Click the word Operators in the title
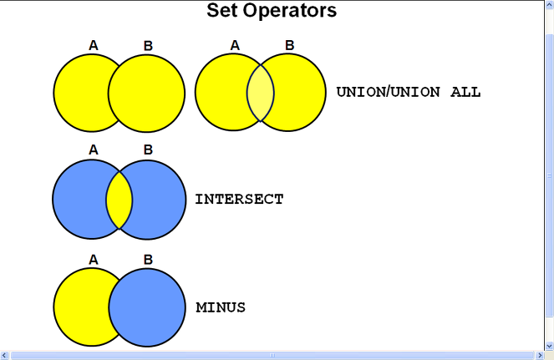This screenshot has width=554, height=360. tap(290, 11)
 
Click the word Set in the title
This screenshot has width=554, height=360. tap(222, 10)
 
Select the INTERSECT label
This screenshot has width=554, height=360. tap(239, 200)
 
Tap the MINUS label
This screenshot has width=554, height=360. tap(221, 307)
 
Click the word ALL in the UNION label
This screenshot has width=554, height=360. tap(465, 92)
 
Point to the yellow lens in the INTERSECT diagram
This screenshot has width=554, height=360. tap(119, 200)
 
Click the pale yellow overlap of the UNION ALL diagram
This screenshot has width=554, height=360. tap(261, 94)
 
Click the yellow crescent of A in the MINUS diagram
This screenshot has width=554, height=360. tap(81, 307)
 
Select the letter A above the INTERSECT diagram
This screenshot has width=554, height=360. tap(94, 150)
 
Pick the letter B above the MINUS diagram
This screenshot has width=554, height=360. tap(148, 260)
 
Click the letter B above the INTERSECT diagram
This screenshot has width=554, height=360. tap(148, 150)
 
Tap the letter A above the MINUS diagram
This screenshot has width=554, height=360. tap(94, 260)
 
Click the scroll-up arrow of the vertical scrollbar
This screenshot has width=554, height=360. tap(550, 4)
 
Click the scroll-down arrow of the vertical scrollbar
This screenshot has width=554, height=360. tap(550, 346)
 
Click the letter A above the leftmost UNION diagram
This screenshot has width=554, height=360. tap(94, 46)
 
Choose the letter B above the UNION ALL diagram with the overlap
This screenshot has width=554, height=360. tap(289, 45)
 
